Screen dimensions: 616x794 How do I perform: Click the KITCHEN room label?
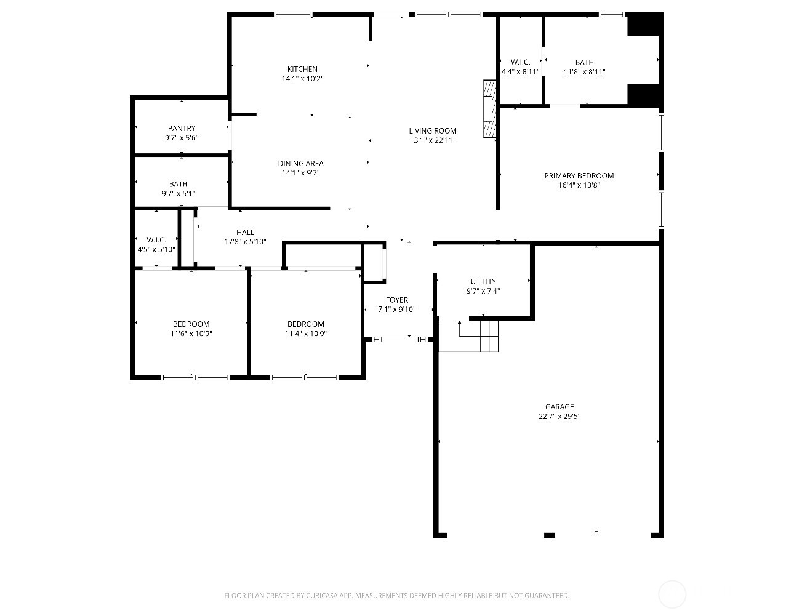302,69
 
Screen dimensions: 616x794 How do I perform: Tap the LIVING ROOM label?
433,130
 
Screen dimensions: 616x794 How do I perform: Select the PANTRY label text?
182,128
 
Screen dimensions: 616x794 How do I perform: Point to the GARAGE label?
559,406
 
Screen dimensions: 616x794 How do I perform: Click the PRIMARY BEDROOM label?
579,175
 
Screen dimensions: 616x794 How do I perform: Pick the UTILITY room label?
483,281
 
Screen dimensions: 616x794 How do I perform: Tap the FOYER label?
397,300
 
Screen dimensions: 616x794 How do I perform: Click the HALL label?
245,232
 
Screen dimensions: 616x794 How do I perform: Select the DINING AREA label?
300,163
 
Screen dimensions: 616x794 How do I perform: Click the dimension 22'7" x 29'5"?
559,416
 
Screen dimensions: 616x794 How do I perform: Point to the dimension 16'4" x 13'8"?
579,185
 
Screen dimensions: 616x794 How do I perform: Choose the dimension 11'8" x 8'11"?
584,72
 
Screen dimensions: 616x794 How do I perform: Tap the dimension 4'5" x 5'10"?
156,249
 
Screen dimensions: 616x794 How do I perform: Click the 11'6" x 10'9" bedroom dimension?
191,334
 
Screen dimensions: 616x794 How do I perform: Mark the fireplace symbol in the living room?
489,108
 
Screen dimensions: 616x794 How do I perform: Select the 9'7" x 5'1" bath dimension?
178,193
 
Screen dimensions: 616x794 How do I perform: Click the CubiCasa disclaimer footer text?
396,595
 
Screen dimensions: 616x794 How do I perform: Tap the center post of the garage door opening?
549,535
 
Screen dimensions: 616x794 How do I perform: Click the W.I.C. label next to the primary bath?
520,62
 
